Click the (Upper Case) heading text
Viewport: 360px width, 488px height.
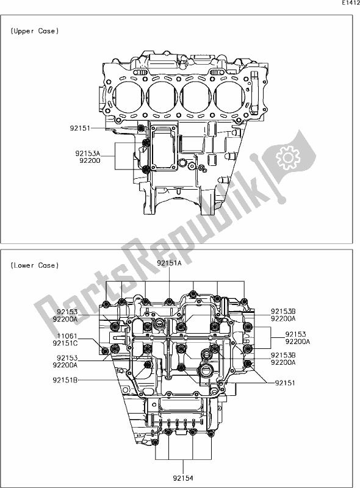pos(35,31)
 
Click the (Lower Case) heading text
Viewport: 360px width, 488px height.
pos(35,265)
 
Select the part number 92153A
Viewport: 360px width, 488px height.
pos(88,154)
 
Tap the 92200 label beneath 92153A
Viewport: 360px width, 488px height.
pos(90,160)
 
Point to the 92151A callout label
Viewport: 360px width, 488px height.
pos(170,263)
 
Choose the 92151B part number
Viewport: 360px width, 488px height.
pos(65,379)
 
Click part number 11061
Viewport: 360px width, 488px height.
pos(67,337)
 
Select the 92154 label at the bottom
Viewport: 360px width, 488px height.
pos(183,478)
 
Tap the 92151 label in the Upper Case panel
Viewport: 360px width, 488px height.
pos(80,128)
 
